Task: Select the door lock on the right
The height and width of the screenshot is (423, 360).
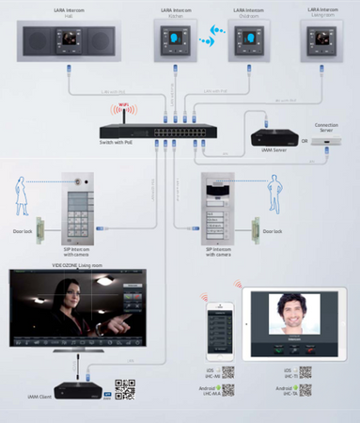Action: [x=255, y=227]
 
